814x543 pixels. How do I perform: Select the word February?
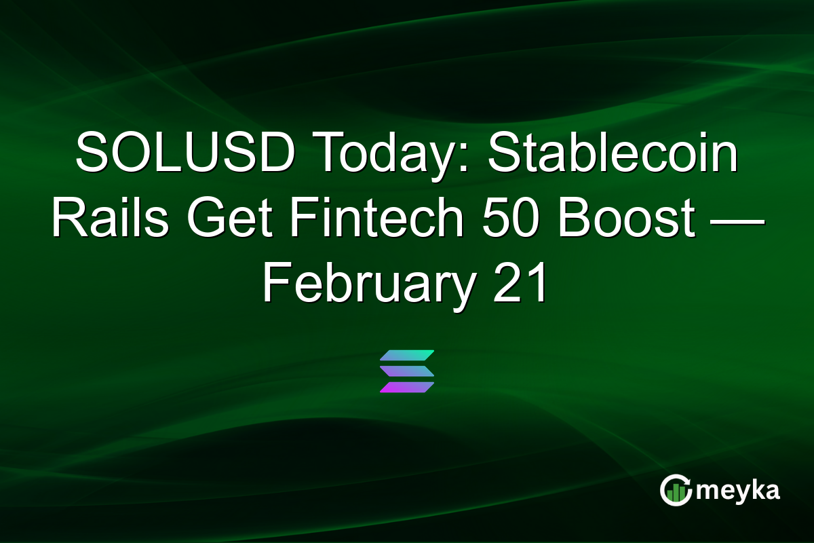pyautogui.click(x=368, y=285)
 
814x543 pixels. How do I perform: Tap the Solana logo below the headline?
pyautogui.click(x=407, y=371)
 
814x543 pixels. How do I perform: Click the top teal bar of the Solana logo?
pyautogui.click(x=407, y=356)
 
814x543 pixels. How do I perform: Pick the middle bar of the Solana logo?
pyautogui.click(x=407, y=371)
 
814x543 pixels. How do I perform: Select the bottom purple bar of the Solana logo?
pyautogui.click(x=407, y=387)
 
